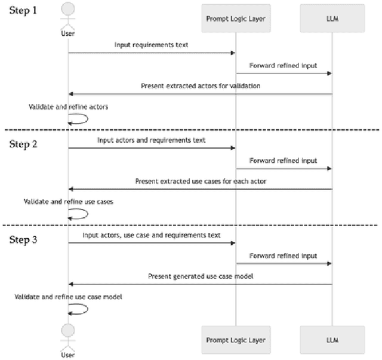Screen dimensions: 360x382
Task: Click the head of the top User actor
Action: pyautogui.click(x=68, y=9)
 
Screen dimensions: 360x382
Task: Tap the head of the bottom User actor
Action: pyautogui.click(x=68, y=330)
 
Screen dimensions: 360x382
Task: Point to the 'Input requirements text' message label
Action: pyautogui.click(x=152, y=45)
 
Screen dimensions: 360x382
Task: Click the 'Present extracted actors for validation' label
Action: pyautogui.click(x=199, y=86)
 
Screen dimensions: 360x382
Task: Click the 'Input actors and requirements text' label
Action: pyautogui.click(x=152, y=140)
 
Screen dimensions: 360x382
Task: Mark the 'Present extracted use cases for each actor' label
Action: pyautogui.click(x=199, y=181)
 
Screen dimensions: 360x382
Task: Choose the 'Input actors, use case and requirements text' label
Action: pyautogui.click(x=152, y=235)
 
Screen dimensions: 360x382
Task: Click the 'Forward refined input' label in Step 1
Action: pyautogui.click(x=283, y=66)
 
